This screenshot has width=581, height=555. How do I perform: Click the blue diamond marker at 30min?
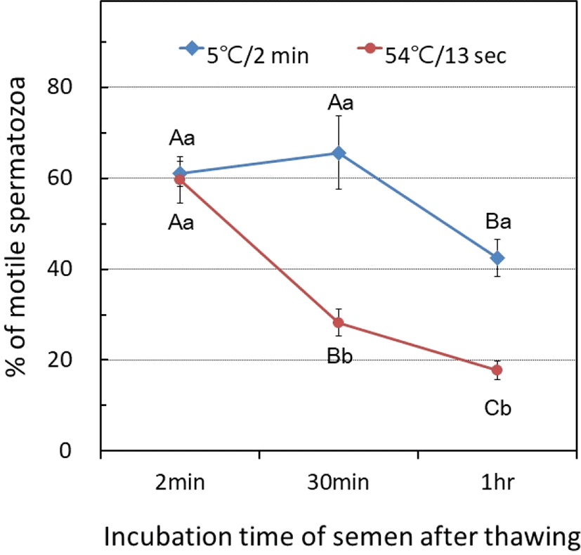[x=339, y=153]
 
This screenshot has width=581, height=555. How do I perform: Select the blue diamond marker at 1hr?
[x=497, y=258]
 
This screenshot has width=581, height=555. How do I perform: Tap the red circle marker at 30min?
[x=339, y=322]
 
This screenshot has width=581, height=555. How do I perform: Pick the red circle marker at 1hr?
[x=497, y=370]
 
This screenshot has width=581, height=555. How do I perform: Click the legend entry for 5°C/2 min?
[x=243, y=53]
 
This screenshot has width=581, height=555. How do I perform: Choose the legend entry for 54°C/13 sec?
[x=431, y=53]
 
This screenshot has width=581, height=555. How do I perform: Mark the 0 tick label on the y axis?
[x=78, y=450]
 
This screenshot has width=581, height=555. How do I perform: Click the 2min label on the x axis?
[x=181, y=484]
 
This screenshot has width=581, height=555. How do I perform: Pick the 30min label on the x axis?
[x=339, y=484]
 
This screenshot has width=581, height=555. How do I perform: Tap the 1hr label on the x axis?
[x=497, y=484]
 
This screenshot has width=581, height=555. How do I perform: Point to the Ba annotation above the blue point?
[x=497, y=223]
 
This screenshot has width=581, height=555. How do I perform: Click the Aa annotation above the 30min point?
[x=339, y=104]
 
